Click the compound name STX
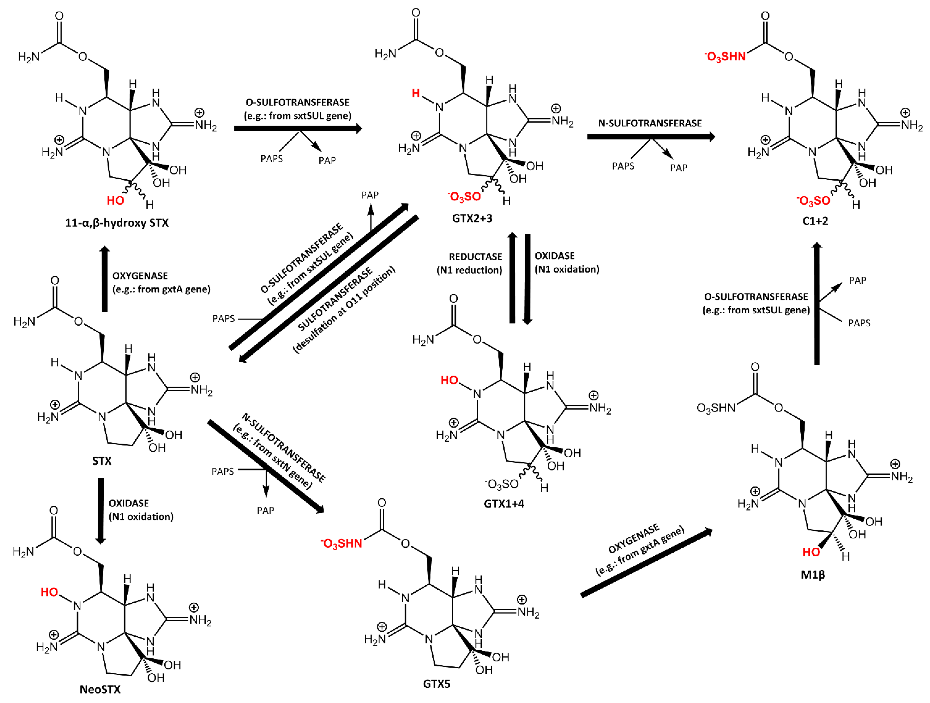point(102,461)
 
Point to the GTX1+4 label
point(504,504)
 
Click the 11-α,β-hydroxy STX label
point(117,223)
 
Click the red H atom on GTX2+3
point(416,93)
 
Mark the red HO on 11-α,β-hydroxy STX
point(115,201)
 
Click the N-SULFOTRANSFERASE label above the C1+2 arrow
point(650,123)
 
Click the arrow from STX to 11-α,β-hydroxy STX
point(105,279)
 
